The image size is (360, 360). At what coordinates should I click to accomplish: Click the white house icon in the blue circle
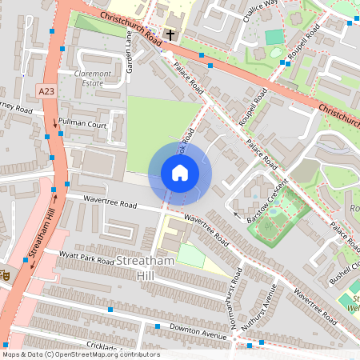180,172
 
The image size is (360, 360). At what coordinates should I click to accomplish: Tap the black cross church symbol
170,34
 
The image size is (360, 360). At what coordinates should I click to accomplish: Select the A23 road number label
47,92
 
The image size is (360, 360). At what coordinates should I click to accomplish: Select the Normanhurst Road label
235,286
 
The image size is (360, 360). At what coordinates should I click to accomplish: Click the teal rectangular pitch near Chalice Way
274,37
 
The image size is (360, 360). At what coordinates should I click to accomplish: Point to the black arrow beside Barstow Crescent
236,214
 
